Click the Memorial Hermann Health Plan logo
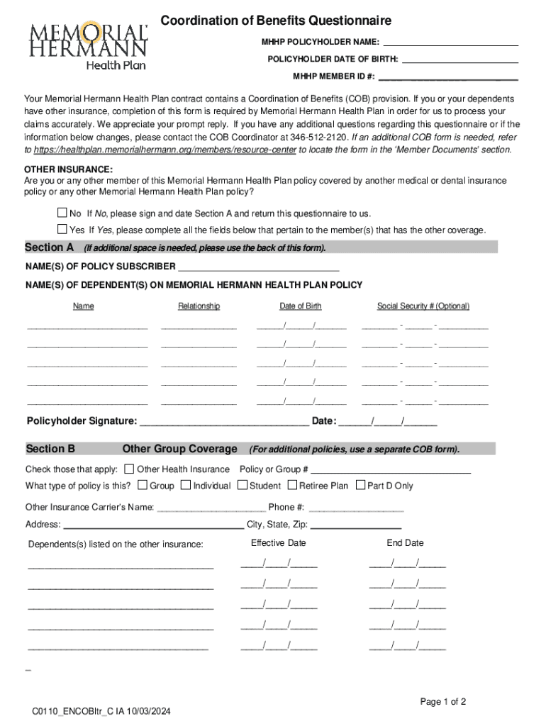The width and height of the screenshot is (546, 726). coord(88,45)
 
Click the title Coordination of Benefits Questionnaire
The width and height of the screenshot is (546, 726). coord(276,21)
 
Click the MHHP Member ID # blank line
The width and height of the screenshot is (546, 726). coord(448,76)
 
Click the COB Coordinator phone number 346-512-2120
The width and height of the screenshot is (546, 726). coord(313,137)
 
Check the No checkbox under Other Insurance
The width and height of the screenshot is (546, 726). coord(62,213)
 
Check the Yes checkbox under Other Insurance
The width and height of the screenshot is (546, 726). coord(62,230)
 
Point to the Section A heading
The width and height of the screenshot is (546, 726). coord(50,247)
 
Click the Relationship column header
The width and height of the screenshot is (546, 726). coord(199,306)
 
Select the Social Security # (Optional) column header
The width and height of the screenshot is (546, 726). coord(423,306)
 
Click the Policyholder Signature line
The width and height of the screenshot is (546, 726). coord(223,422)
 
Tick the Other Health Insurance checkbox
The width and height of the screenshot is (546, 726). coord(129,469)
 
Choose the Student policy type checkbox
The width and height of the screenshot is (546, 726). coord(243,486)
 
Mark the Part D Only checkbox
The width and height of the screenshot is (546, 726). coord(360,486)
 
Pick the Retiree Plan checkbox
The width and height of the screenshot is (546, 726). coord(293,486)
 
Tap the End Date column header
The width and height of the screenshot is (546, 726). coord(405,543)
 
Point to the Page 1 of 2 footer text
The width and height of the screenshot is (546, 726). coord(443,702)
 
